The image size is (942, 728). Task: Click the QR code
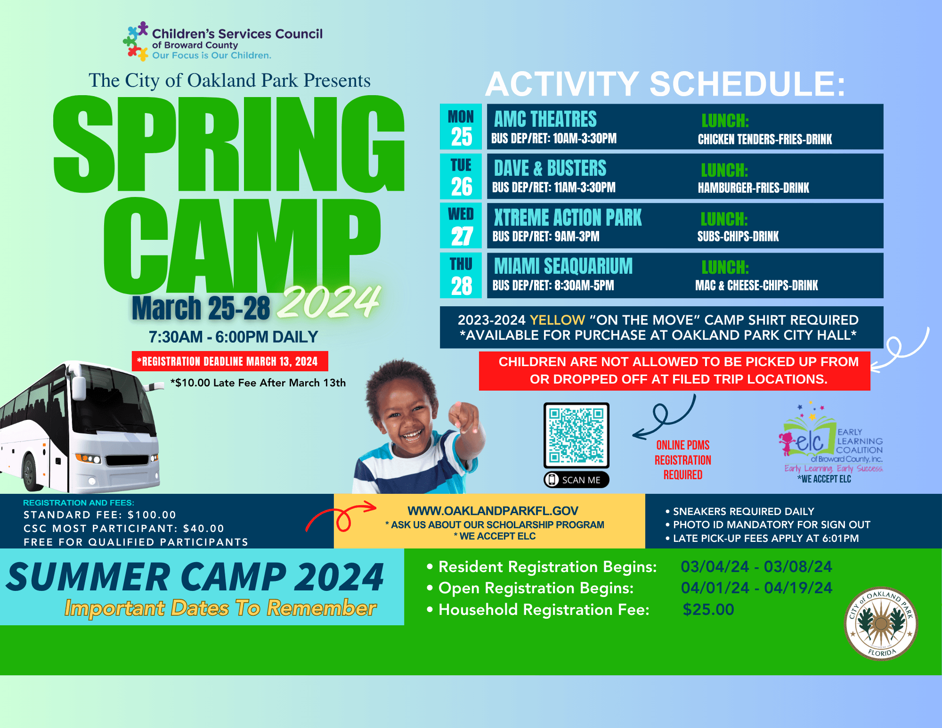pos(577,435)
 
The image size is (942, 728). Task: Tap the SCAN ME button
pos(577,480)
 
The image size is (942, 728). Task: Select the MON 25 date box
pos(461,127)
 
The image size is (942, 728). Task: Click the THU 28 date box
pos(461,276)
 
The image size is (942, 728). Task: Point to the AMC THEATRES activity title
pos(545,119)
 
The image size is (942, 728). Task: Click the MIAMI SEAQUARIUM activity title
pos(563,266)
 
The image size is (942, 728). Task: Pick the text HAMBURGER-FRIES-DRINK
pos(753,188)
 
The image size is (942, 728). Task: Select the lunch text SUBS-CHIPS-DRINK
pos(738,237)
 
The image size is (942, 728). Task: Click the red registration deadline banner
pos(230,361)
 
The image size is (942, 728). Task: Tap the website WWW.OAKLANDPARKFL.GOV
pos(493,511)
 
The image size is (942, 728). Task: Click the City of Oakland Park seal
pos(881,624)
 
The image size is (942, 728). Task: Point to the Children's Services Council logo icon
pos(136,41)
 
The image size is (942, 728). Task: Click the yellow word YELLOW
pos(557,320)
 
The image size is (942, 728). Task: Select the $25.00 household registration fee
pos(708,610)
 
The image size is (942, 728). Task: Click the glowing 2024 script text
pos(328,302)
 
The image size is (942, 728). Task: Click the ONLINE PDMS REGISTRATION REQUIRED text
pos(683,460)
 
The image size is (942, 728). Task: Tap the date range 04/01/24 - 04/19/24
pos(756,588)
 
